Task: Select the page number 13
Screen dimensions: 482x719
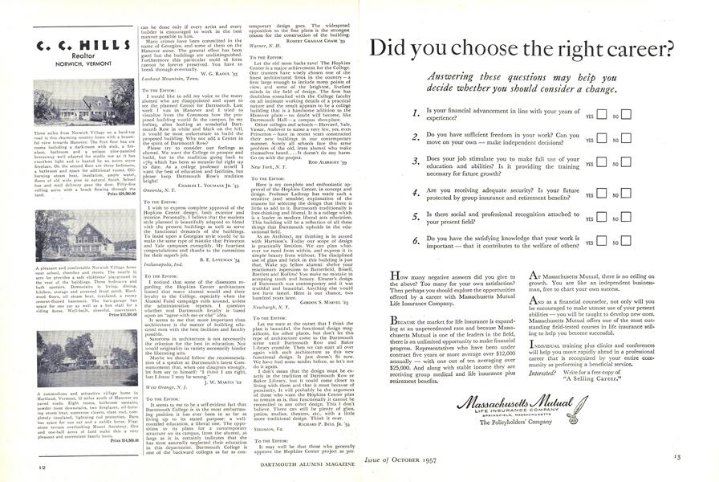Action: [699, 463]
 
